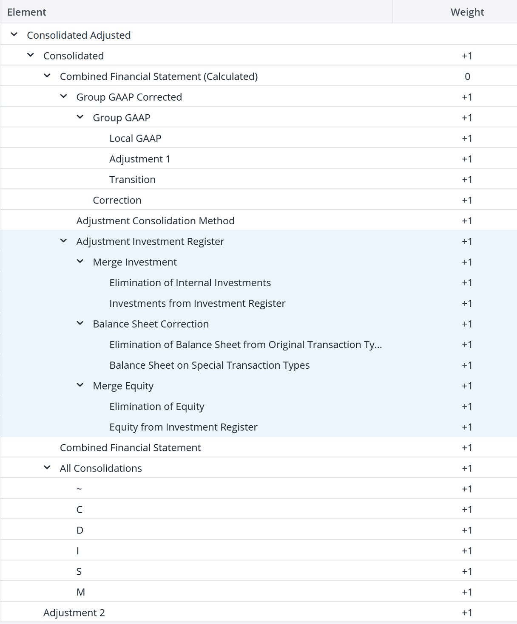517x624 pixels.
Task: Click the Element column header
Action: pyautogui.click(x=26, y=12)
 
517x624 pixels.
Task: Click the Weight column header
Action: pyautogui.click(x=467, y=12)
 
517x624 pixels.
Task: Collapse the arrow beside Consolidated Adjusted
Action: pyautogui.click(x=14, y=34)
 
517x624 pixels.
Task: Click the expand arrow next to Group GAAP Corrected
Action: pyautogui.click(x=64, y=96)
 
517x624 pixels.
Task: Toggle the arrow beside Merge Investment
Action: pyautogui.click(x=80, y=262)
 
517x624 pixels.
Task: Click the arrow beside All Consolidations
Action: pyautogui.click(x=47, y=468)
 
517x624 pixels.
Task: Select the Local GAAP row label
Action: pyautogui.click(x=135, y=138)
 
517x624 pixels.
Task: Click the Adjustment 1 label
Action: pyautogui.click(x=139, y=159)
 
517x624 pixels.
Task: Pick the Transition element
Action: pyautogui.click(x=132, y=179)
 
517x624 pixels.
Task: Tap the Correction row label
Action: pyautogui.click(x=117, y=200)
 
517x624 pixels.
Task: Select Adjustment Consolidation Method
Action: pyautogui.click(x=155, y=220)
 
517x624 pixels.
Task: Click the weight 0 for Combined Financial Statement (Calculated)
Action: pyautogui.click(x=467, y=76)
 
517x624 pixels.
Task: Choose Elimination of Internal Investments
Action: pyautogui.click(x=190, y=282)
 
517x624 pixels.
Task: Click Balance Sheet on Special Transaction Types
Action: pyautogui.click(x=209, y=365)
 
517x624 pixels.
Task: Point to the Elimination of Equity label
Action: pyautogui.click(x=156, y=406)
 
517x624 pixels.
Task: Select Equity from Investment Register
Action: pyautogui.click(x=183, y=427)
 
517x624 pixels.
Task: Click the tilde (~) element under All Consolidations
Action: pyautogui.click(x=79, y=489)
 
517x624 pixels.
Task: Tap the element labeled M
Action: pyautogui.click(x=80, y=592)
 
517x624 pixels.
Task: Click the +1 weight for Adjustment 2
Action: pyautogui.click(x=467, y=613)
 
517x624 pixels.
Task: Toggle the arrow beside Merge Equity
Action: pyautogui.click(x=80, y=385)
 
